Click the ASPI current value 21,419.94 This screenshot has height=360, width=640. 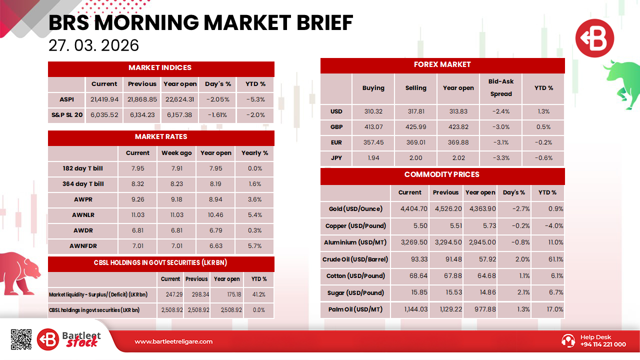[104, 99]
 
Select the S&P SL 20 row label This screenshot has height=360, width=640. [66, 115]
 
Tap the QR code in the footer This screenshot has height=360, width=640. [21, 339]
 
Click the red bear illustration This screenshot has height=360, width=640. [20, 272]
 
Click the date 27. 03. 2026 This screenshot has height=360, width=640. [93, 45]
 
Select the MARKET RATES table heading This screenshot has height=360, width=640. [161, 136]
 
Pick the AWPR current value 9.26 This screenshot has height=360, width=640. [137, 199]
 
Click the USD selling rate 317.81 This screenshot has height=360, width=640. [415, 111]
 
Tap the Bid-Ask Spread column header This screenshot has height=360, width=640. [501, 87]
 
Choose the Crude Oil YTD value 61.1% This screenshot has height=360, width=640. [547, 259]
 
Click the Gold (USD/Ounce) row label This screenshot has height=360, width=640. [355, 209]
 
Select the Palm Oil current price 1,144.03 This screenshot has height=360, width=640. [409, 309]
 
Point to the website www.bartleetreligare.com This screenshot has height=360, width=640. [173, 341]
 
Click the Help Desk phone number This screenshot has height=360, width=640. [603, 344]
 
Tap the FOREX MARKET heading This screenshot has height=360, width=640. [442, 64]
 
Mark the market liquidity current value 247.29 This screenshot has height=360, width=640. [170, 294]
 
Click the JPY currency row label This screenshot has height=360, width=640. [336, 158]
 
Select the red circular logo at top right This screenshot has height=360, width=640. [594, 37]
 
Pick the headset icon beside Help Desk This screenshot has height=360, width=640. [568, 340]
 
